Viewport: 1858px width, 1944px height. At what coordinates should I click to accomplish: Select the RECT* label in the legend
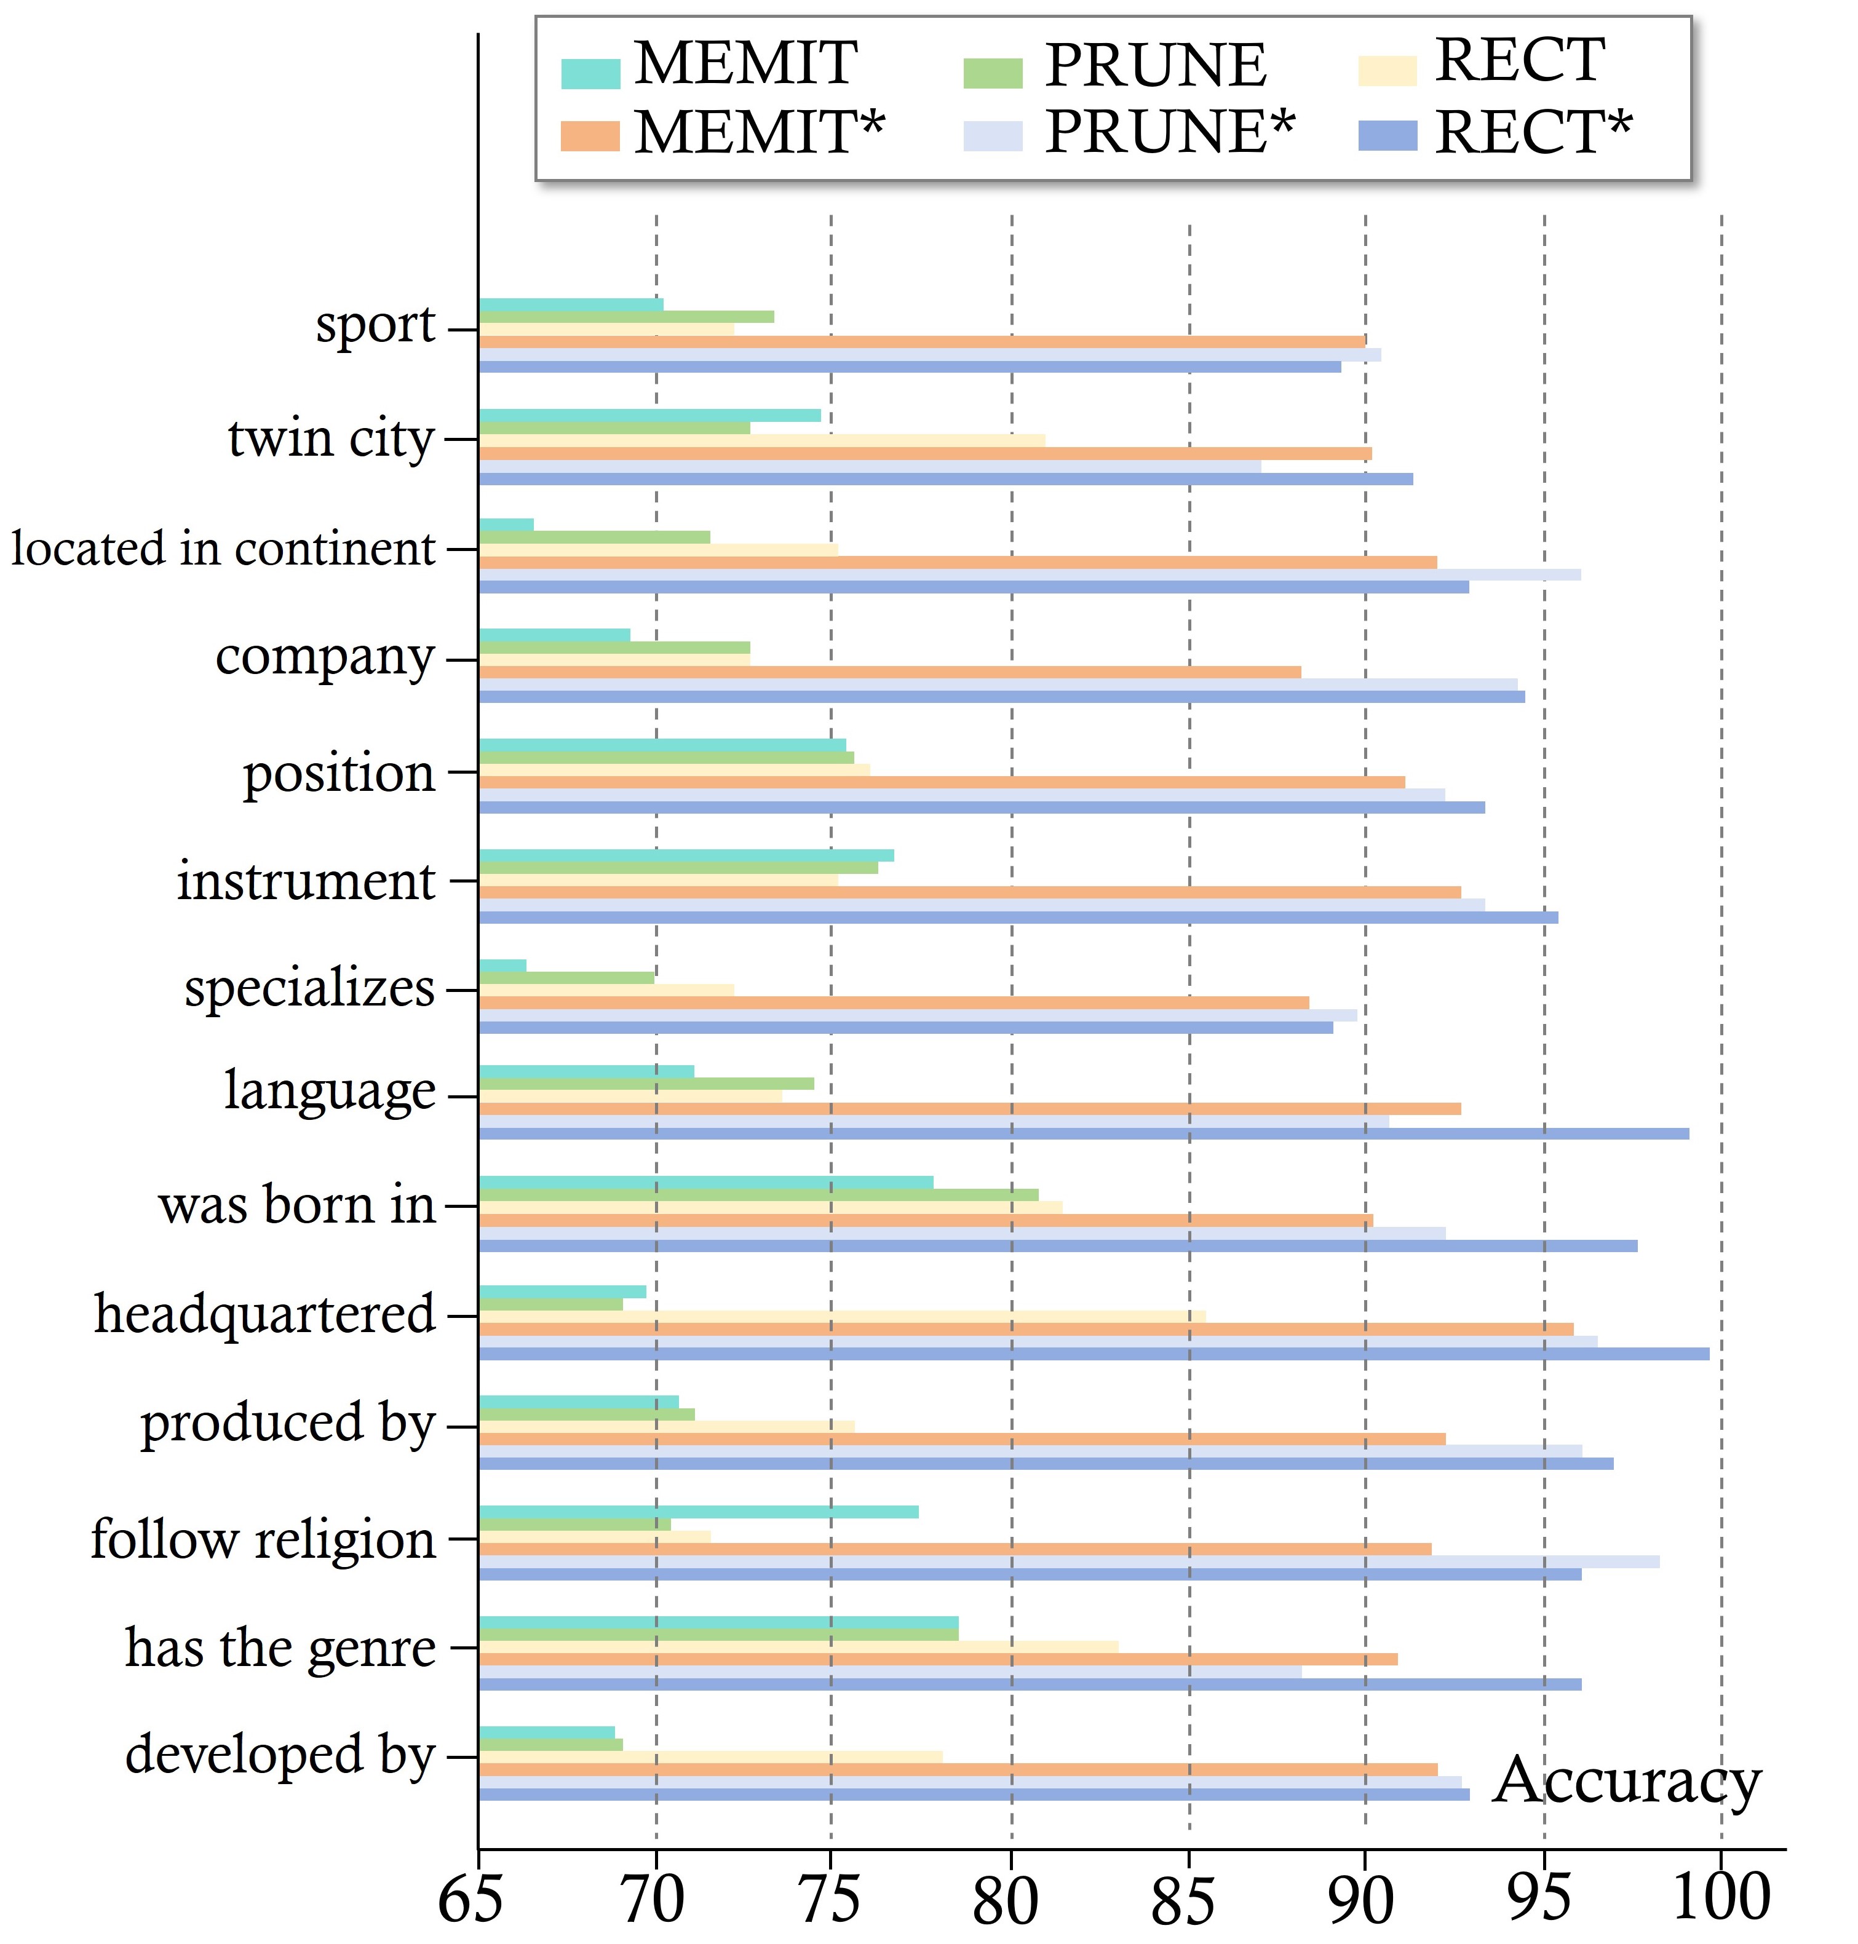1531,133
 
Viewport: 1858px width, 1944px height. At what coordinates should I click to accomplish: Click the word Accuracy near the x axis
1626,1780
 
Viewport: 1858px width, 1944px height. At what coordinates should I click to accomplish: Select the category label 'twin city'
331,438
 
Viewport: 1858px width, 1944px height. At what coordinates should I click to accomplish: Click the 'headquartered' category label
264,1315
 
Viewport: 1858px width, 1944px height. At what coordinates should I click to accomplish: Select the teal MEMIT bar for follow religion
698,1511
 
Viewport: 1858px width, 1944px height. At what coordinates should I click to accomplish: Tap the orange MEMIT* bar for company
889,672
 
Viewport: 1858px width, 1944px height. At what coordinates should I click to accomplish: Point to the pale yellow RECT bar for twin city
761,441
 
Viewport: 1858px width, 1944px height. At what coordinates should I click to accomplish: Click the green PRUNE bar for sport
626,317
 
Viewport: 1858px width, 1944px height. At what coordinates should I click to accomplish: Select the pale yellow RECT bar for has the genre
798,1646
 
